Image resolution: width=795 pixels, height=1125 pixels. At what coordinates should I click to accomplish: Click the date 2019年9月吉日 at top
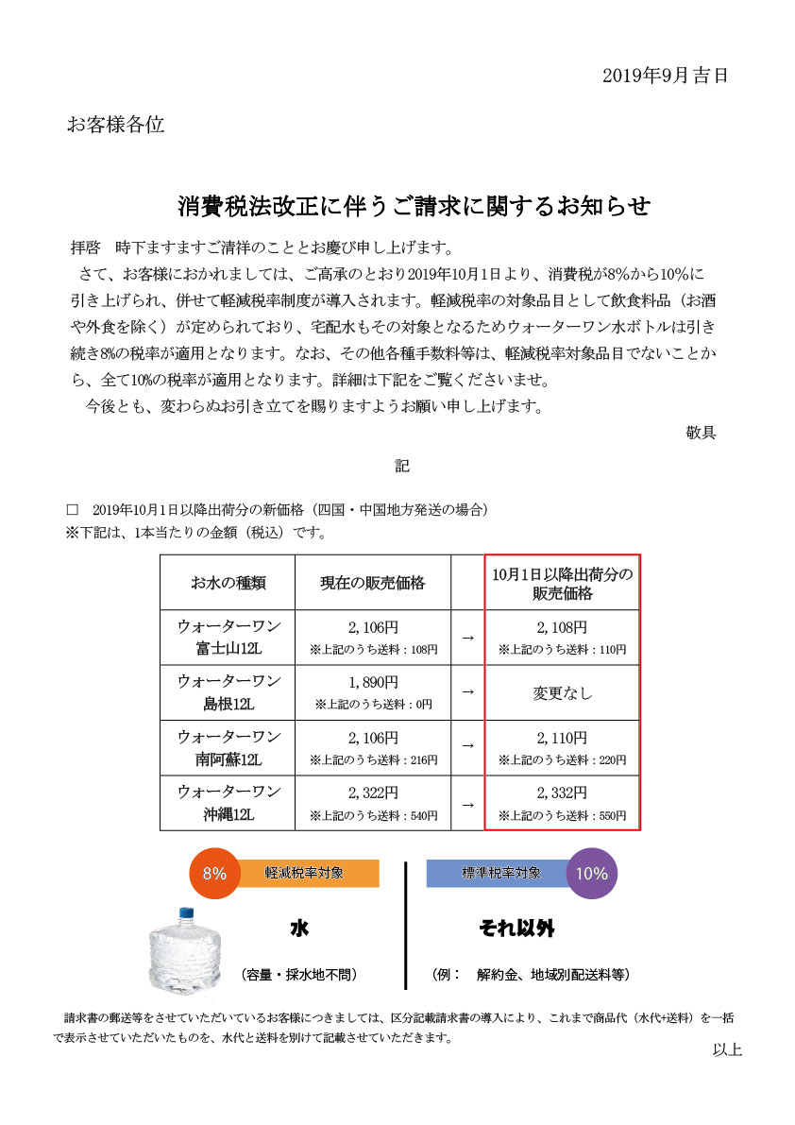point(665,77)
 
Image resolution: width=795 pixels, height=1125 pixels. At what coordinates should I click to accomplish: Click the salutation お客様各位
point(115,125)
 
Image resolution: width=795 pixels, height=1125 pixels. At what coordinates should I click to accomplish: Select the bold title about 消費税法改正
point(414,205)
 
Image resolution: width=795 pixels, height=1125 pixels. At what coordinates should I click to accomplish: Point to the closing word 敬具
point(701,433)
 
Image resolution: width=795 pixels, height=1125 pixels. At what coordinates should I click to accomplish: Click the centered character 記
point(401,466)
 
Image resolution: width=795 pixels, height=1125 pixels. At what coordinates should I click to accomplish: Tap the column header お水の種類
point(228,583)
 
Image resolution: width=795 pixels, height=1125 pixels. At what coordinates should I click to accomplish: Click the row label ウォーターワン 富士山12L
point(228,638)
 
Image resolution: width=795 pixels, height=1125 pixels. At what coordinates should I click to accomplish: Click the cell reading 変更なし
point(562,692)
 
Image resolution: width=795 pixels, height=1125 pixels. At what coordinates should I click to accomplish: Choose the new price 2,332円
point(562,793)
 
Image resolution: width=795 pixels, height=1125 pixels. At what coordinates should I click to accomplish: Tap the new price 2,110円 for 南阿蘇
point(562,738)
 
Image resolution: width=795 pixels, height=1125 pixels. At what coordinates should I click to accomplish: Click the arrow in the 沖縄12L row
point(467,804)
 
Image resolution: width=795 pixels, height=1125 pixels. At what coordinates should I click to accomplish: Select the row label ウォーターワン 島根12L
point(228,692)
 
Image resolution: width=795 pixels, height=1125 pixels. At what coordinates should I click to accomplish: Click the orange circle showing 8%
point(214,873)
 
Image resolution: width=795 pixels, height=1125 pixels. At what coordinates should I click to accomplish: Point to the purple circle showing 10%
point(592,873)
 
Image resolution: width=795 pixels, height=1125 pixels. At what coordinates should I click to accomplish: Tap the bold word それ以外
point(516,929)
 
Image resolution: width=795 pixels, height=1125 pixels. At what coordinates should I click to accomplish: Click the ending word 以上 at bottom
point(727,1049)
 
